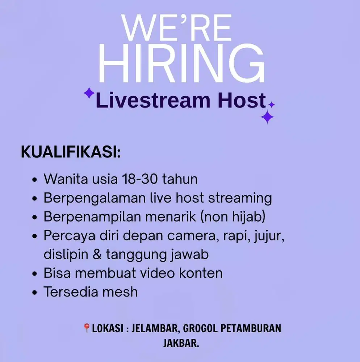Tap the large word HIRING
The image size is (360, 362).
click(181, 64)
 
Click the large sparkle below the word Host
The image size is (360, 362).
click(267, 117)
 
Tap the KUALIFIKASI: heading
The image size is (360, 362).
click(71, 152)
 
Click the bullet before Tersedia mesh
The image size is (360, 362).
click(35, 292)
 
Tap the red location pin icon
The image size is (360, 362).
click(87, 328)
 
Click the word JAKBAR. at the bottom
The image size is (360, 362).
click(181, 343)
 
